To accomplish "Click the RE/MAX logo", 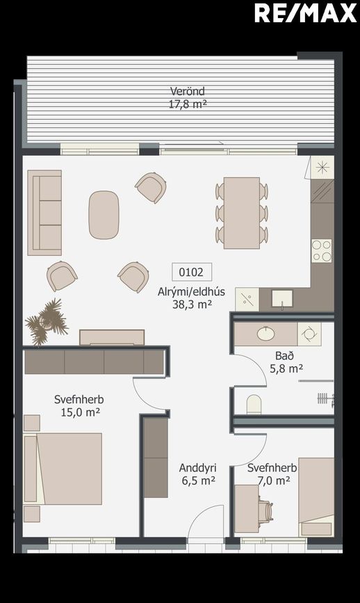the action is [x=305, y=13].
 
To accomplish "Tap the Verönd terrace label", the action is [x=188, y=91].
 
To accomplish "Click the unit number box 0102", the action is [x=191, y=272].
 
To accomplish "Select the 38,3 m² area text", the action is [x=192, y=305].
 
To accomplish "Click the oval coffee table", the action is [x=104, y=215].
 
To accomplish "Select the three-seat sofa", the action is [x=44, y=213].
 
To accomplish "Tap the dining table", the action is [x=242, y=213].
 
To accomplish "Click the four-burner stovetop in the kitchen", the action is [x=322, y=251].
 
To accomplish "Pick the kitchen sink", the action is [x=282, y=299].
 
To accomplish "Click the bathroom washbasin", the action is [x=265, y=333].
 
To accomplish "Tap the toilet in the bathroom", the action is [x=254, y=405].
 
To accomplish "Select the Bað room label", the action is [x=284, y=355].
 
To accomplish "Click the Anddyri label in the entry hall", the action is [x=197, y=468].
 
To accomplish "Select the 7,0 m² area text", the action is [x=274, y=481].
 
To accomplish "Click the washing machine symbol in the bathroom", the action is [x=309, y=334].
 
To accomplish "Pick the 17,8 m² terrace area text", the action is [x=188, y=104].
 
